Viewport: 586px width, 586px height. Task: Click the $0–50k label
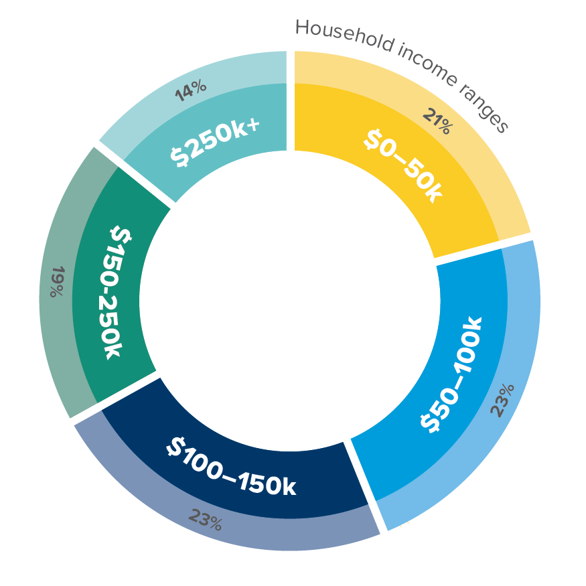tap(403, 165)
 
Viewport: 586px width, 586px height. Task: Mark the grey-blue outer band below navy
tap(281, 536)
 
